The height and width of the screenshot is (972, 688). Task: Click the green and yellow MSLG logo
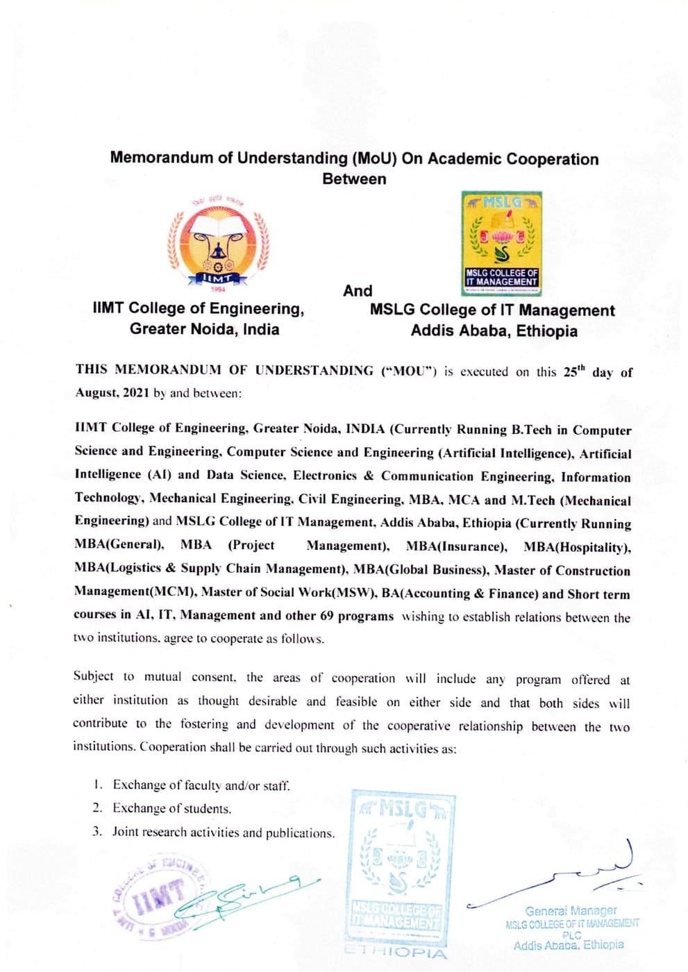click(x=501, y=243)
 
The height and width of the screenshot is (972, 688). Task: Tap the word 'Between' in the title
click(x=354, y=179)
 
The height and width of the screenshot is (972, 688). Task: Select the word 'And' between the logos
click(x=358, y=291)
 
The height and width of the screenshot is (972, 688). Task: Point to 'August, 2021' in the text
click(x=112, y=393)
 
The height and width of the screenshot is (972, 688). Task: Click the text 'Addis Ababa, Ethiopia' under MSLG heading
click(x=494, y=330)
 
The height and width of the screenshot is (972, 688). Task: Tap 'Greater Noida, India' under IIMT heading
click(x=204, y=329)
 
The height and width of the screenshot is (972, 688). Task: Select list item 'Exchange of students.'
click(x=172, y=809)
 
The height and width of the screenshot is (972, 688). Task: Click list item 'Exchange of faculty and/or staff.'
click(x=201, y=785)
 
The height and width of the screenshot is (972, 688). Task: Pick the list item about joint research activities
click(x=223, y=832)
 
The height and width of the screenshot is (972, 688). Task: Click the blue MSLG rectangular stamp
click(x=402, y=864)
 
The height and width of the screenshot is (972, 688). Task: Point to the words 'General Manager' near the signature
click(x=571, y=910)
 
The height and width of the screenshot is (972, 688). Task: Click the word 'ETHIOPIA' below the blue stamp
click(x=396, y=952)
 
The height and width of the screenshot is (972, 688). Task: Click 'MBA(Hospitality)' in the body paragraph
click(x=576, y=547)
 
